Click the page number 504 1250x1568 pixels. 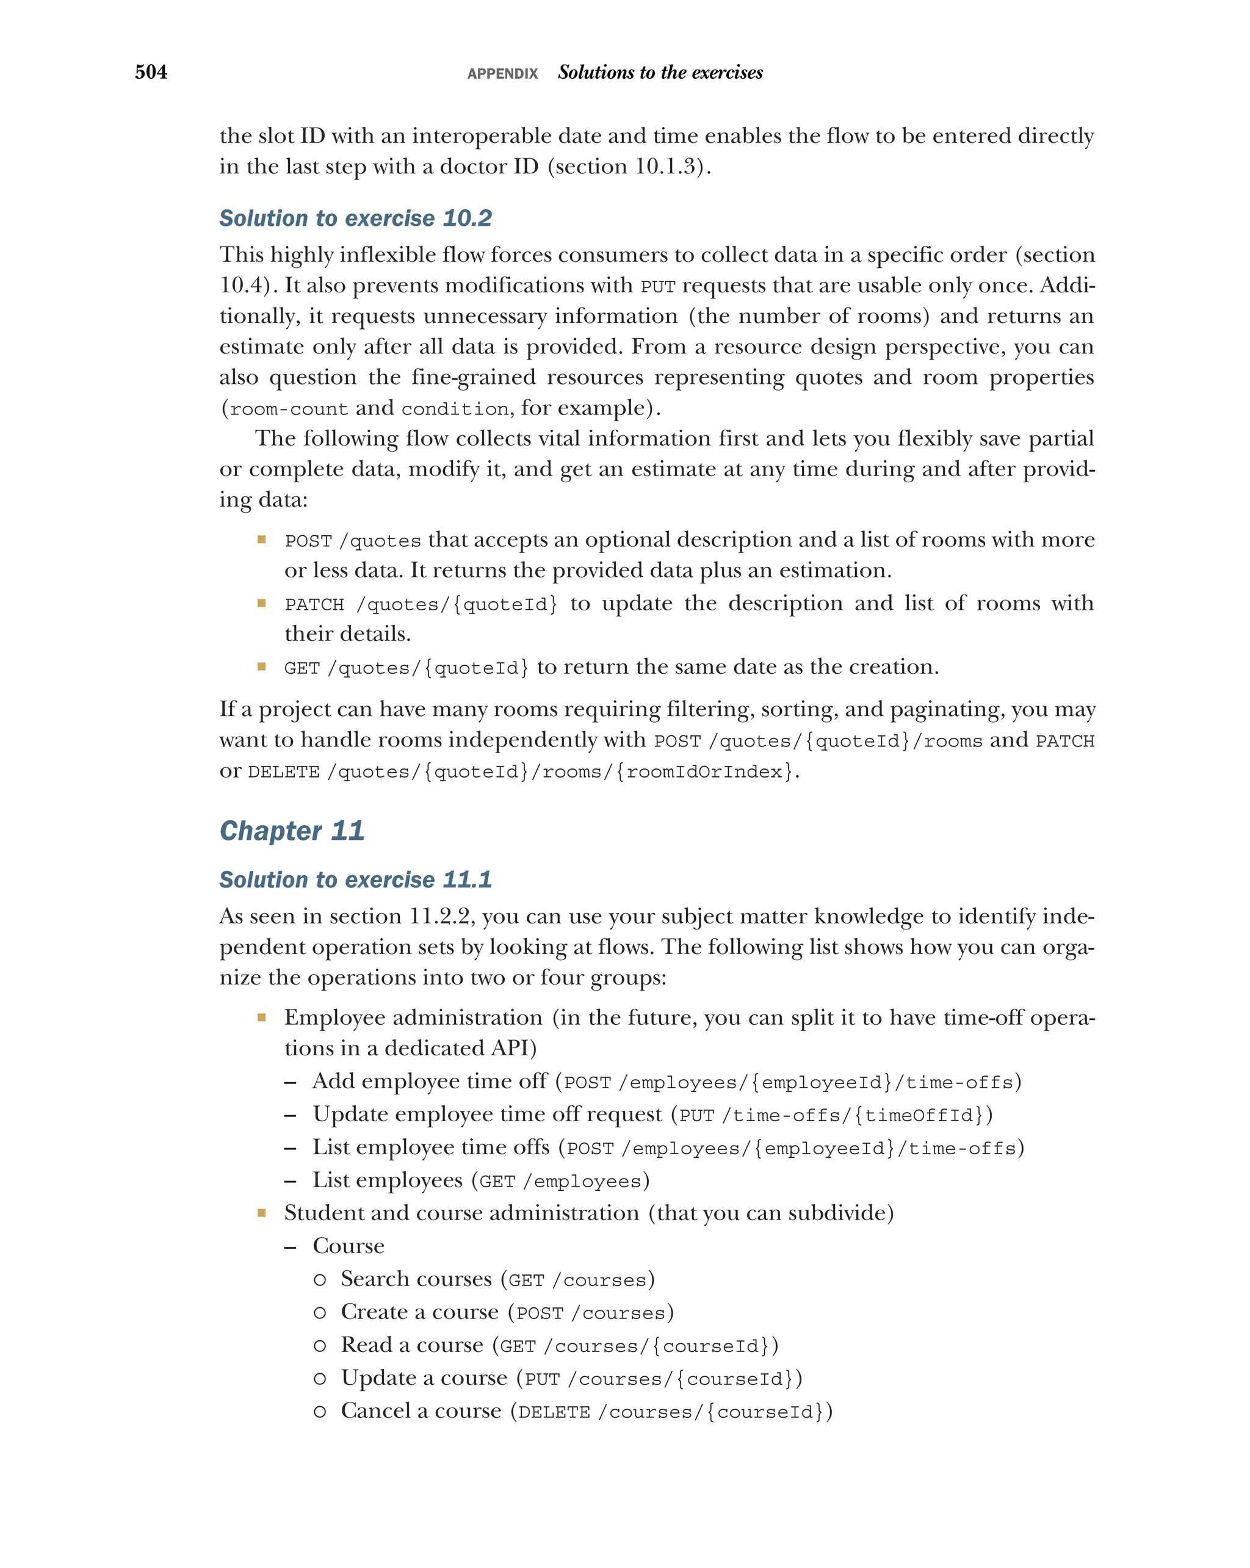(151, 72)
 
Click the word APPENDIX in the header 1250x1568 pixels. (502, 73)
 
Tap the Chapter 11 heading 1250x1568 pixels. (292, 831)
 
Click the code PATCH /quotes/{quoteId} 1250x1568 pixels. (421, 604)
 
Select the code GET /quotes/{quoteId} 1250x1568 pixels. (406, 668)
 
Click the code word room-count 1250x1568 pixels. (289, 409)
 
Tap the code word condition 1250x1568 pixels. (455, 409)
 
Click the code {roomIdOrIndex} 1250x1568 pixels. (704, 771)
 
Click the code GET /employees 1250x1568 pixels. (560, 1181)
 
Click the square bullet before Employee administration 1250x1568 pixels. (262, 1017)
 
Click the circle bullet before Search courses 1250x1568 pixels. (319, 1279)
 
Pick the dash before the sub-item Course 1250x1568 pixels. (290, 1246)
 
